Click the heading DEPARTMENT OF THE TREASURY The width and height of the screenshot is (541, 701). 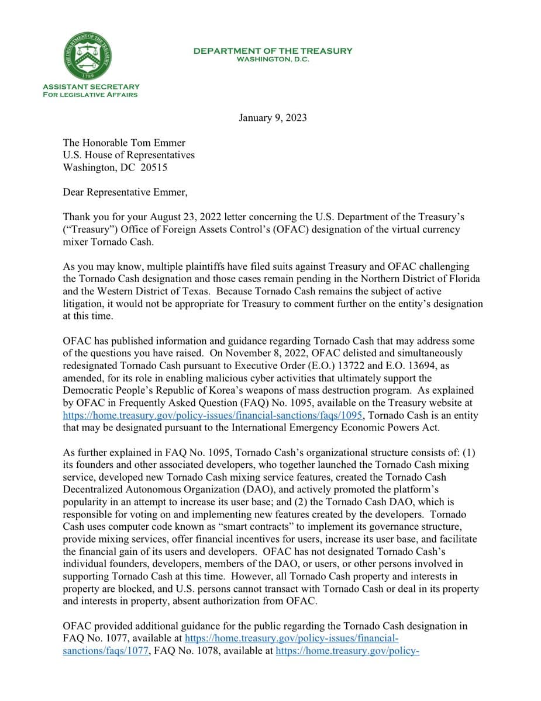pyautogui.click(x=273, y=51)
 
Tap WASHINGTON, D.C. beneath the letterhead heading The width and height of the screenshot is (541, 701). pyautogui.click(x=273, y=59)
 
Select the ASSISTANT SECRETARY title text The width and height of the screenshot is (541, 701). pyautogui.click(x=91, y=86)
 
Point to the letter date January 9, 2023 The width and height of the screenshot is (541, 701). pyautogui.click(x=273, y=118)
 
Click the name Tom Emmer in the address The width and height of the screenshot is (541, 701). pyautogui.click(x=165, y=143)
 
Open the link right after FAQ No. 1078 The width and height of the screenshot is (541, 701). pyautogui.click(x=347, y=650)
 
